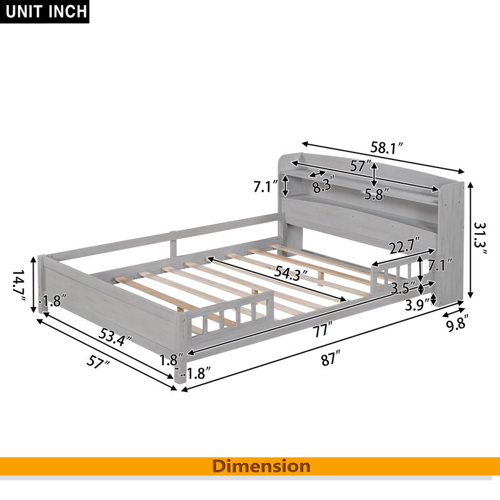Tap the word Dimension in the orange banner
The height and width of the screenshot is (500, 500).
261,466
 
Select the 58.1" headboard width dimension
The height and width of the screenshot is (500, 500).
387,148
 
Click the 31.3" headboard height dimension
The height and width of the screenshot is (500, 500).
480,239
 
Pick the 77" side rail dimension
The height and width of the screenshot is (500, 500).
322,329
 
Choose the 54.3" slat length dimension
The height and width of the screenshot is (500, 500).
291,273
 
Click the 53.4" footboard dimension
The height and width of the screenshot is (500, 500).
115,337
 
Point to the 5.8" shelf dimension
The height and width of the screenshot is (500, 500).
377,194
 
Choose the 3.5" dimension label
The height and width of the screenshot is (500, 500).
403,287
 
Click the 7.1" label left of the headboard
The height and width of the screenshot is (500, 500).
266,186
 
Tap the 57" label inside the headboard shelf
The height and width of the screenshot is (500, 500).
361,166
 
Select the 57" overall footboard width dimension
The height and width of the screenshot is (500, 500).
98,361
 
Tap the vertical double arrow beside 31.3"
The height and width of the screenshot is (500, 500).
470,240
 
